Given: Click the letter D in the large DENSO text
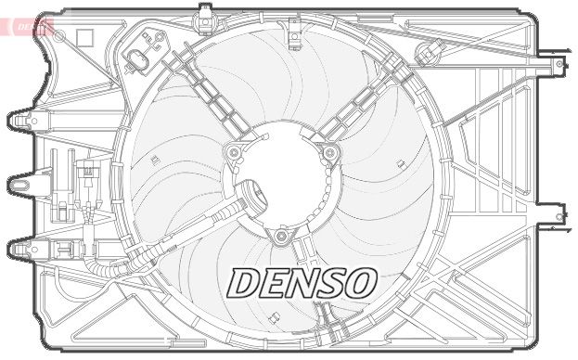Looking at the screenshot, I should click(245, 284).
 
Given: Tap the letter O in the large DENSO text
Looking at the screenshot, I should click(357, 283).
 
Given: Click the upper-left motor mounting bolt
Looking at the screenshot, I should click(234, 150).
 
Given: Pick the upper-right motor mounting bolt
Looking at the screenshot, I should click(329, 151).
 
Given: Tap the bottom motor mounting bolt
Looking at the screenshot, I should click(281, 236).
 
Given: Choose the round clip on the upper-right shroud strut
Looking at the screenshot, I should click(431, 51).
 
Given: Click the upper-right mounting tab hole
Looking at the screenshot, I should click(558, 66).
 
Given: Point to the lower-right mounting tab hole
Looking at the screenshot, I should click(559, 217).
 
